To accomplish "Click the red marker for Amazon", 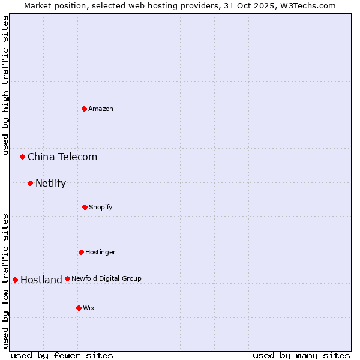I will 85,109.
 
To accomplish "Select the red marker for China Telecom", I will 23,157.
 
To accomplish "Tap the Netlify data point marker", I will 31,183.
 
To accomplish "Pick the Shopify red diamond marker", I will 85,207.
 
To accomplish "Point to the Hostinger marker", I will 81,252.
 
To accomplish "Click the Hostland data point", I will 16,280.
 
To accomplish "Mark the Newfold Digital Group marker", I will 67,278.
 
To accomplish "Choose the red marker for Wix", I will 79,308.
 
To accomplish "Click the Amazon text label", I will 101,109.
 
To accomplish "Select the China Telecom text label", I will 62,157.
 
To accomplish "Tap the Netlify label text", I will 50,184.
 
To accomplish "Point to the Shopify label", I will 101,207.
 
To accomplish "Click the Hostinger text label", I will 100,252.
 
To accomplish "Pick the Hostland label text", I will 41,280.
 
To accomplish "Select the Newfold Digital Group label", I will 106,278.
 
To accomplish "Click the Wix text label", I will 89,308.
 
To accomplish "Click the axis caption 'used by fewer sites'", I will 62,355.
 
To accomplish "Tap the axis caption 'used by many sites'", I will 301,355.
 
